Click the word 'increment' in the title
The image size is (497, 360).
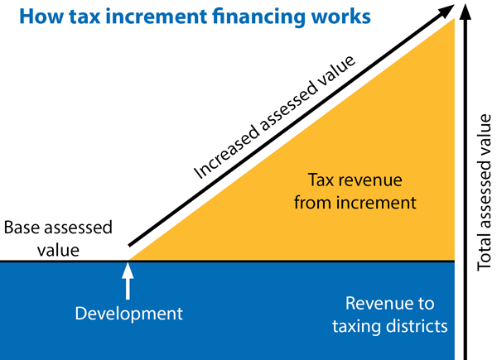pyautogui.click(x=157, y=17)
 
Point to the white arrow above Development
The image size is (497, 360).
pyautogui.click(x=128, y=281)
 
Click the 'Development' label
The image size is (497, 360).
pyautogui.click(x=128, y=314)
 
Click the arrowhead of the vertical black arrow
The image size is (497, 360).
pyautogui.click(x=465, y=12)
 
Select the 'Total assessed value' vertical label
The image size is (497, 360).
pyautogui.click(x=484, y=193)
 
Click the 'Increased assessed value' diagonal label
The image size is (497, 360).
pyautogui.click(x=274, y=118)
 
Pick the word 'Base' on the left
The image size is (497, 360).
pyautogui.click(x=22, y=228)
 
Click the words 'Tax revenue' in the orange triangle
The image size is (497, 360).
pyautogui.click(x=355, y=180)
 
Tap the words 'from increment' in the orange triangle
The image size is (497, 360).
pyautogui.click(x=355, y=203)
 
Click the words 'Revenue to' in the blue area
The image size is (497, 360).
pyautogui.click(x=390, y=304)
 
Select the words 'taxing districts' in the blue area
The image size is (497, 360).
pyautogui.click(x=390, y=326)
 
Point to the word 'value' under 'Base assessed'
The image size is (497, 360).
pyautogui.click(x=58, y=251)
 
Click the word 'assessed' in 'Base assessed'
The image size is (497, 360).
pyautogui.click(x=79, y=228)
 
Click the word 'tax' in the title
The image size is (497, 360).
pyautogui.click(x=84, y=17)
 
